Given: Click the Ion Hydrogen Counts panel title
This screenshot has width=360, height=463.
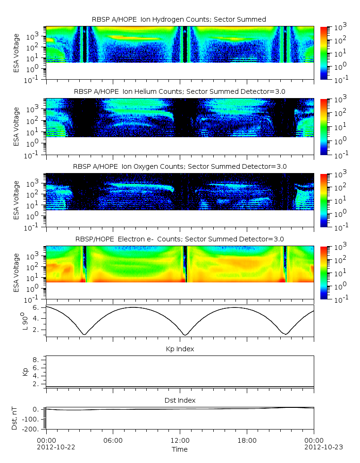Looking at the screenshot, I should [x=179, y=19].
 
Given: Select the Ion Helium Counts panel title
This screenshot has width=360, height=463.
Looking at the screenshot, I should [x=180, y=91].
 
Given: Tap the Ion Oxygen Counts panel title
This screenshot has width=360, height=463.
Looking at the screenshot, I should [x=180, y=166].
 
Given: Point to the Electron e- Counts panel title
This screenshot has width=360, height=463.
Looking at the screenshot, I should [x=180, y=239].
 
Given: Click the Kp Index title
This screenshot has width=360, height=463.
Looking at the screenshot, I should [x=180, y=349].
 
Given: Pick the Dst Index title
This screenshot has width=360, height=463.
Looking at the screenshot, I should [x=180, y=400].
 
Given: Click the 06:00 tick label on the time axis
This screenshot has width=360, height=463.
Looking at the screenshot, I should [x=113, y=440].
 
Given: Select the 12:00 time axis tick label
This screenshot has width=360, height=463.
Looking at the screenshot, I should [x=180, y=440].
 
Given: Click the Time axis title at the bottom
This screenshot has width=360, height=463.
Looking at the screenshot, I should [x=180, y=449].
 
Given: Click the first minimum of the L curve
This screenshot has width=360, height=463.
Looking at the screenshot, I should [x=84, y=334].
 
